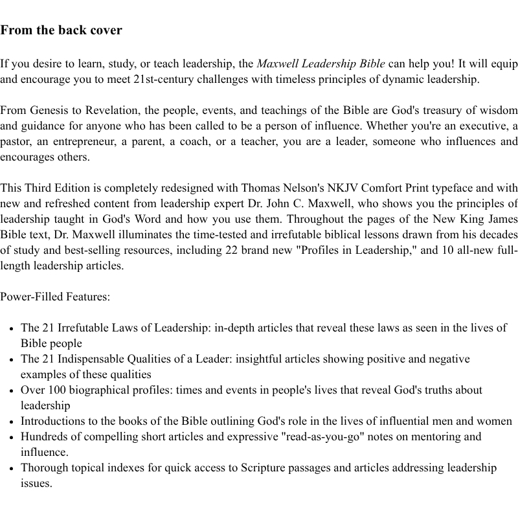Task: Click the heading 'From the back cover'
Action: point(61,30)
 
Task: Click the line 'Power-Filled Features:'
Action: point(55,297)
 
